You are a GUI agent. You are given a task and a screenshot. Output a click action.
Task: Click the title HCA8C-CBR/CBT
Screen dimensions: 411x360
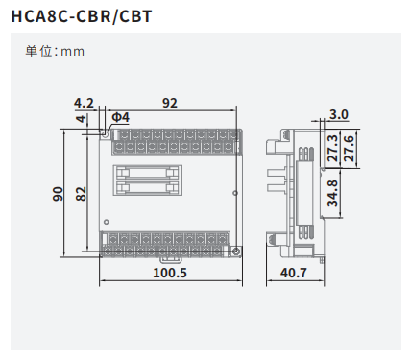click(x=82, y=16)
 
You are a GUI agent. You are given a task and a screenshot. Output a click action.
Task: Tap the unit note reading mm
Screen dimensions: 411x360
click(x=73, y=52)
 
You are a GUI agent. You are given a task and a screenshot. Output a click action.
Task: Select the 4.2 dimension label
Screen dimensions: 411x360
click(x=84, y=103)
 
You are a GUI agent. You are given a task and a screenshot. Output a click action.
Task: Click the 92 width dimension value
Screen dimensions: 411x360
click(x=170, y=103)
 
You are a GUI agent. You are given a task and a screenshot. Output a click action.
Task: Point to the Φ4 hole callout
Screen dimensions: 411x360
click(x=121, y=117)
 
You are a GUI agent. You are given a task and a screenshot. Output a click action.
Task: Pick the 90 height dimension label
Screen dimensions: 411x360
click(x=58, y=194)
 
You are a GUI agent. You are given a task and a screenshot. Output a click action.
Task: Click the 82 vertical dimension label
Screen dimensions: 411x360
click(x=81, y=194)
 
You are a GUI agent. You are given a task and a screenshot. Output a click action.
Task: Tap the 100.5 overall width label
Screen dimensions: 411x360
click(x=170, y=273)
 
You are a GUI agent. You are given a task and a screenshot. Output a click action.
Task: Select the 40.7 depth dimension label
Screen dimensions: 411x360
click(x=294, y=273)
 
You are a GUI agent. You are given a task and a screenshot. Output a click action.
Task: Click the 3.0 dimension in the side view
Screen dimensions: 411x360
click(x=339, y=114)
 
